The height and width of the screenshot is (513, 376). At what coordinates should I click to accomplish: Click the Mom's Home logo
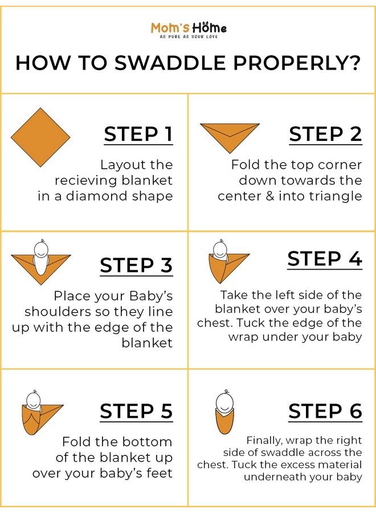pyautogui.click(x=189, y=30)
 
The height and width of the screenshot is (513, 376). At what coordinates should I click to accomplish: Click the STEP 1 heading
pyautogui.click(x=138, y=134)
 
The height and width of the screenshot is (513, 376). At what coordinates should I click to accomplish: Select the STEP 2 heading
pyautogui.click(x=325, y=134)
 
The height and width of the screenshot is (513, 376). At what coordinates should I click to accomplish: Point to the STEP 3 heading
pyautogui.click(x=136, y=265)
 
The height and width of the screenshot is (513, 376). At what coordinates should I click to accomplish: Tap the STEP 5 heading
pyautogui.click(x=136, y=411)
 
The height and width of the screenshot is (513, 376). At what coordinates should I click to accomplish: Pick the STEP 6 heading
pyautogui.click(x=325, y=411)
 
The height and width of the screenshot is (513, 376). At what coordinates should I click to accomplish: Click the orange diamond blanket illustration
pyautogui.click(x=40, y=137)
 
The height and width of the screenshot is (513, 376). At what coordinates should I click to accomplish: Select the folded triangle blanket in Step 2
pyautogui.click(x=230, y=136)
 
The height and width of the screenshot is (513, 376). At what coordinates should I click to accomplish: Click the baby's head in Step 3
pyautogui.click(x=41, y=249)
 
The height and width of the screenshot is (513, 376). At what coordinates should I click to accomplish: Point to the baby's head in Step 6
pyautogui.click(x=226, y=402)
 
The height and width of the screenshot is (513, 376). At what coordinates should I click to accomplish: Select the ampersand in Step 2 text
pyautogui.click(x=269, y=196)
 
